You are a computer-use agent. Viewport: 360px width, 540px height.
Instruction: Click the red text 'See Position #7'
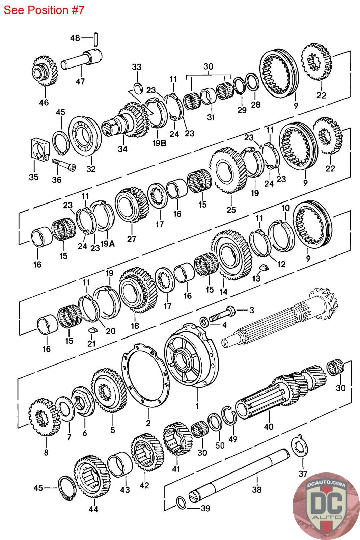44,10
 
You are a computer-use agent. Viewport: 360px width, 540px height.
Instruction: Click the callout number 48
75,38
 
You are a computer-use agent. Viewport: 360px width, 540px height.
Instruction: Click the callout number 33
136,67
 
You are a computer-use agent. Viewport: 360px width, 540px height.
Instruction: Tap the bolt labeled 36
64,165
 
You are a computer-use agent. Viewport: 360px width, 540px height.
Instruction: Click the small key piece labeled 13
264,268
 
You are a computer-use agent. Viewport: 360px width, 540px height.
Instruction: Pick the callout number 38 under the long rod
257,489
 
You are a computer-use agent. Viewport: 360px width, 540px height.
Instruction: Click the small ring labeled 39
181,503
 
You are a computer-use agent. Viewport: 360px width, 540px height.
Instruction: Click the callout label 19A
107,243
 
